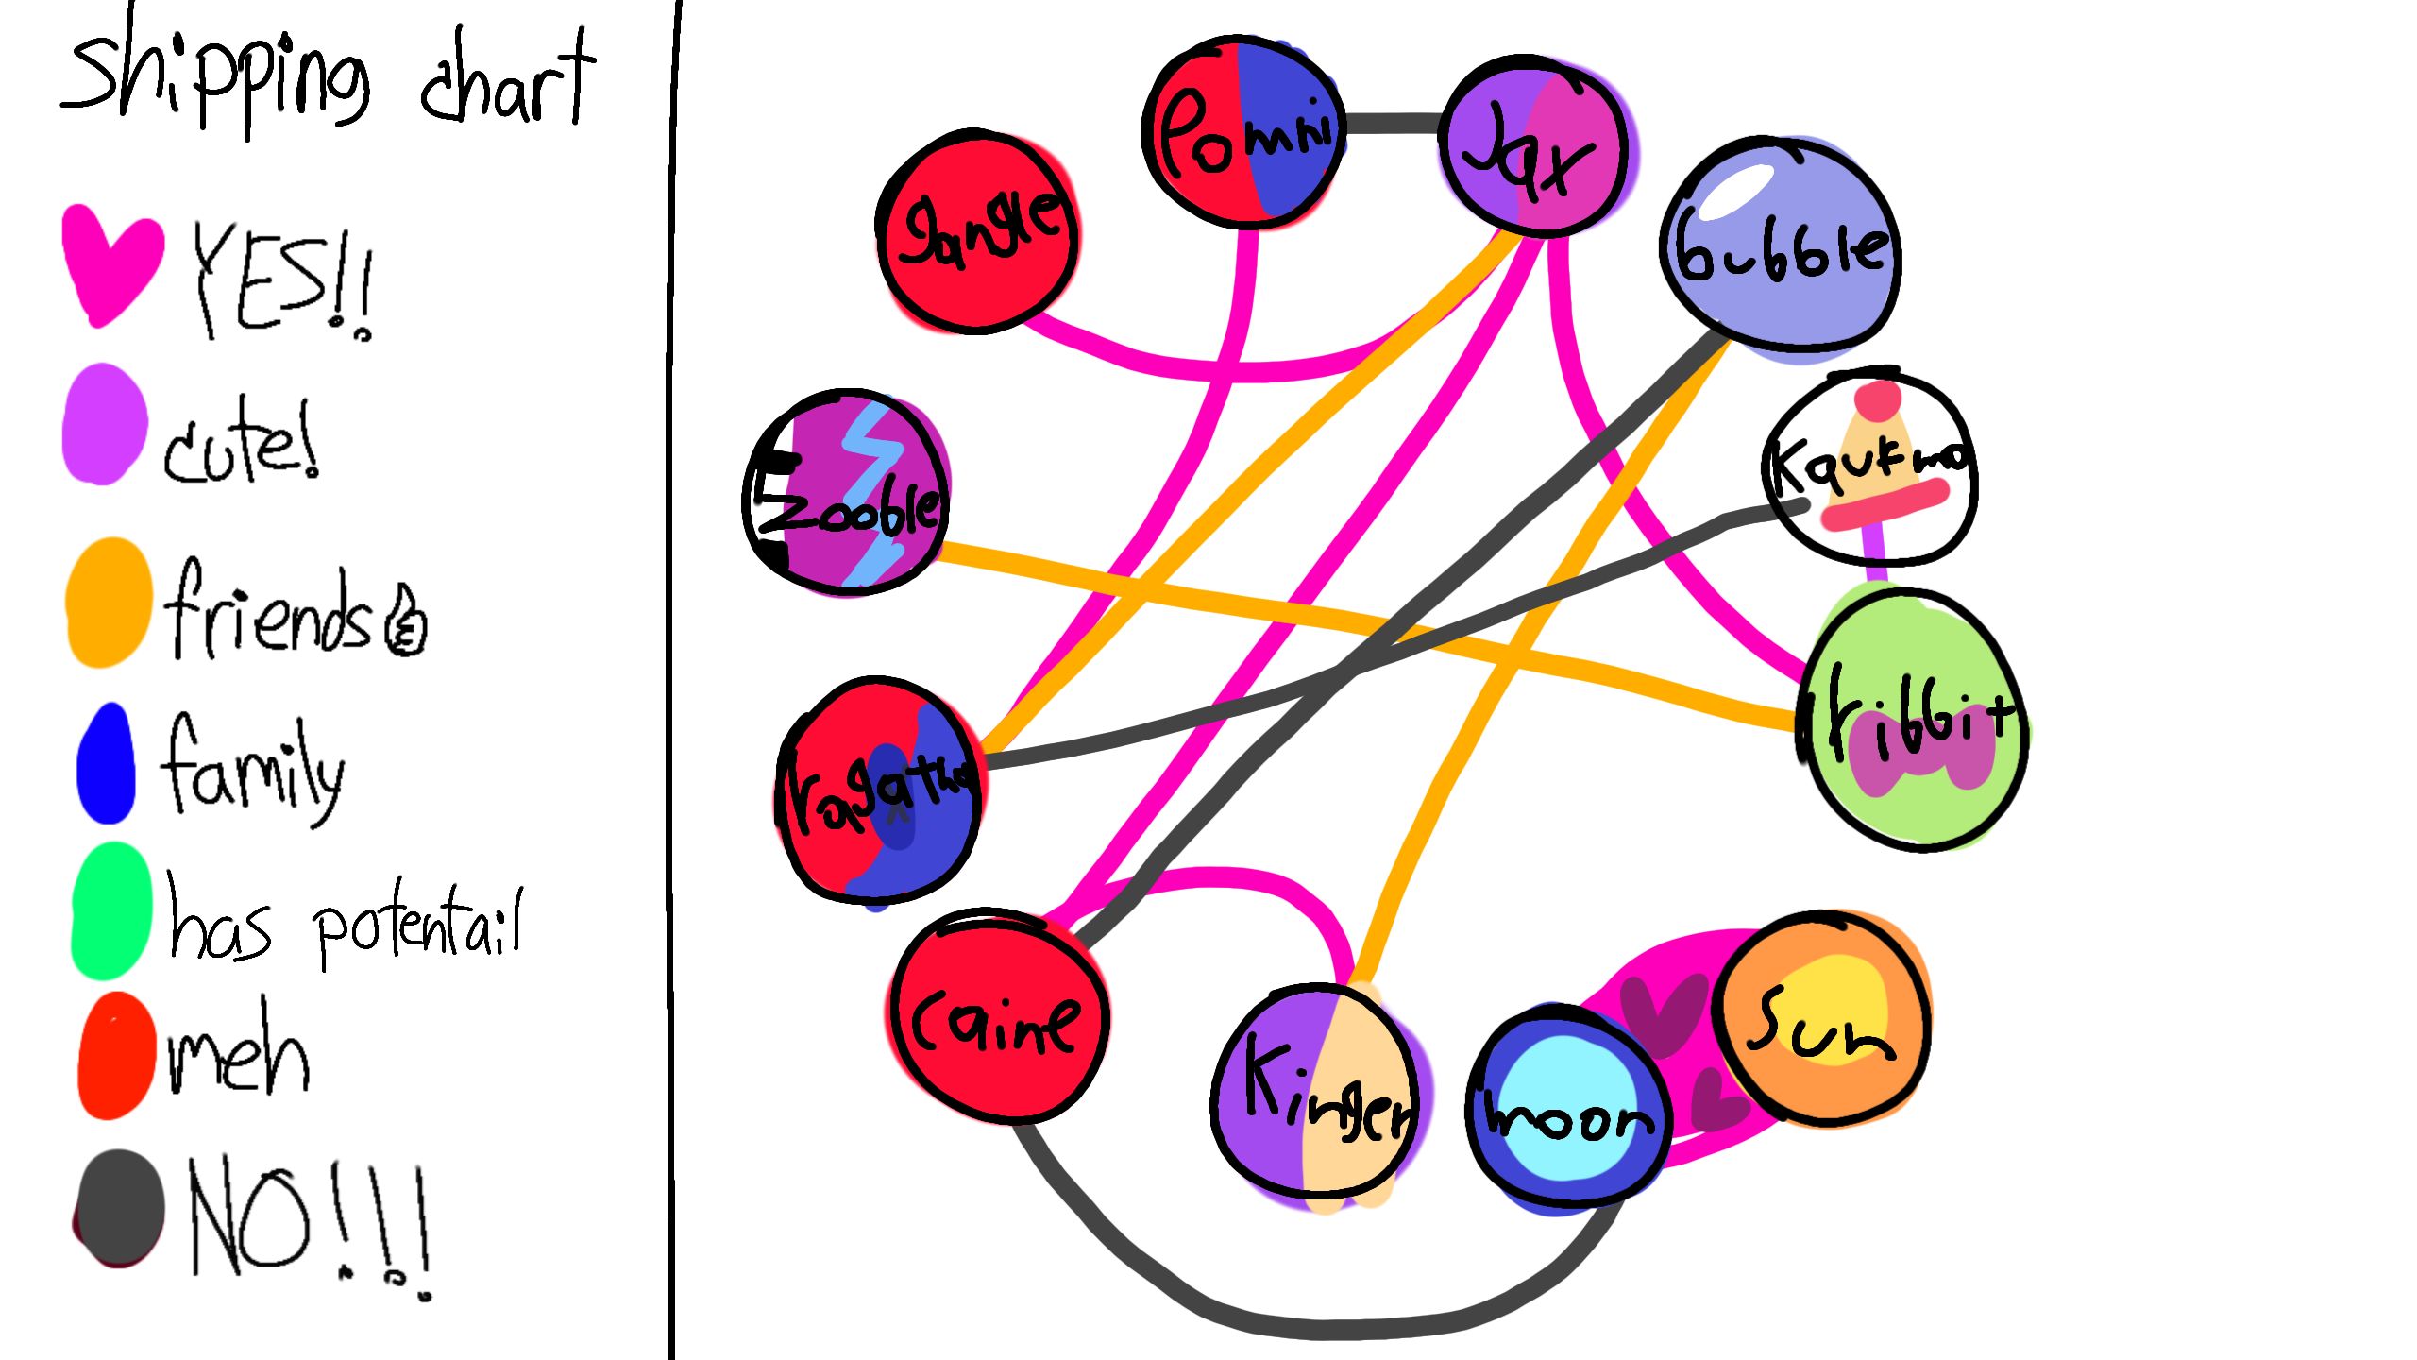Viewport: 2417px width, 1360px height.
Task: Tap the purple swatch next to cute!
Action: click(x=104, y=425)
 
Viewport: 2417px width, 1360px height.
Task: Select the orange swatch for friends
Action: click(x=109, y=603)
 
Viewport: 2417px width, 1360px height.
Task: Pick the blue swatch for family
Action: click(x=106, y=765)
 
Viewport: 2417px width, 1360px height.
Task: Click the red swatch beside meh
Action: click(x=116, y=1056)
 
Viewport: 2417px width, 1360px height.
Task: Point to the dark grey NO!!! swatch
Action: click(x=119, y=1209)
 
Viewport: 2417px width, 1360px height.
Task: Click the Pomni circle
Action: click(x=1242, y=132)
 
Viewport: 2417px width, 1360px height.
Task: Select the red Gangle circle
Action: click(x=978, y=232)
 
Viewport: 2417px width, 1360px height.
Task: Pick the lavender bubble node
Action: click(x=1781, y=246)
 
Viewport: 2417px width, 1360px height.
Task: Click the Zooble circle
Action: click(x=846, y=492)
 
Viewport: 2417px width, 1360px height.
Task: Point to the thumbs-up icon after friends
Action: click(x=406, y=623)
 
